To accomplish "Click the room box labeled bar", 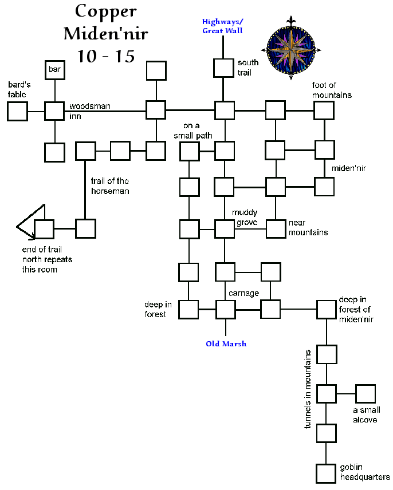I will tap(54, 70).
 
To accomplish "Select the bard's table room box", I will tap(17, 111).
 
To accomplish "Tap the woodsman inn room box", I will tap(54, 111).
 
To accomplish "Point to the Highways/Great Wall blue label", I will tap(222, 26).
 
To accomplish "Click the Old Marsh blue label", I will tap(226, 344).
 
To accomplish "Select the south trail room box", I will tap(223, 68).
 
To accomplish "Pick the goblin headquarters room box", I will tap(326, 473).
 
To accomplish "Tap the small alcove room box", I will tap(365, 394).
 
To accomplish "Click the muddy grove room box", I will tap(225, 229).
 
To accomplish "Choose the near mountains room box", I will tap(276, 228).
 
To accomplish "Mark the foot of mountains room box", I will tap(324, 110).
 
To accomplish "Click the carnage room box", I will tap(226, 309).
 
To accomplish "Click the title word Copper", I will tap(105, 12).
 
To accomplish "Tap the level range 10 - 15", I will tap(105, 56).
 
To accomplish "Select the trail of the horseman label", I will tap(109, 187).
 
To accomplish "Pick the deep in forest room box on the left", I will tap(188, 309).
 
